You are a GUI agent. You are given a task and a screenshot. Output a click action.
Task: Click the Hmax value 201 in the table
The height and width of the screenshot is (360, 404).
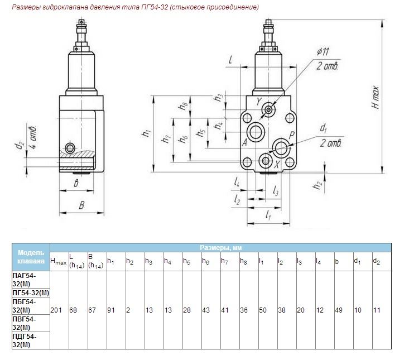click(x=56, y=310)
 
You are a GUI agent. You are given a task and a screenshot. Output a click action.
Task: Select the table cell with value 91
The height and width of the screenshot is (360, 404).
click(x=111, y=310)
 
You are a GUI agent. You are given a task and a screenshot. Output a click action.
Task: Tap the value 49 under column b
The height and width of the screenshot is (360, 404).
click(x=339, y=310)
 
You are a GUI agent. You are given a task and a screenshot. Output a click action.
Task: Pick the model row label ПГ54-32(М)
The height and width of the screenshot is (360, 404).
click(x=31, y=292)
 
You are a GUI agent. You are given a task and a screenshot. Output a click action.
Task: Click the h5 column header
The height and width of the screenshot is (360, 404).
click(x=187, y=261)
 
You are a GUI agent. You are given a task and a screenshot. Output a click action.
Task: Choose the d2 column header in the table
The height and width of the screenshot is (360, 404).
click(x=377, y=261)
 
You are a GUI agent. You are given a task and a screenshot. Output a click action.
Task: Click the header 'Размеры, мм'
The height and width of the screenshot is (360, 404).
click(x=220, y=248)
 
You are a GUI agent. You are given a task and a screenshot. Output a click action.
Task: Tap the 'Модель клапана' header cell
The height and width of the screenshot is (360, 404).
click(x=31, y=257)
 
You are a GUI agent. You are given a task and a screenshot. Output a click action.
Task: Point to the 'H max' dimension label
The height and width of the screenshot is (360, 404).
click(x=376, y=98)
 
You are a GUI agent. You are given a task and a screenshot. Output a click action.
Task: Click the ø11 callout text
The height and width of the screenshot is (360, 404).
click(x=323, y=51)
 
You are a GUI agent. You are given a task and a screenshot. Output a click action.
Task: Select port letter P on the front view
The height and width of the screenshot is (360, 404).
click(x=291, y=135)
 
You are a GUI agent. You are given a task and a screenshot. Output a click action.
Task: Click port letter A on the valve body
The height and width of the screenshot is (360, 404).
click(x=244, y=142)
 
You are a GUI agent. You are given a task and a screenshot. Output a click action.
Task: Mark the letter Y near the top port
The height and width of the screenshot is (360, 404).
click(x=259, y=102)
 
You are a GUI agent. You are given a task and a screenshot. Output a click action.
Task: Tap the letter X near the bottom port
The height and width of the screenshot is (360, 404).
click(x=277, y=165)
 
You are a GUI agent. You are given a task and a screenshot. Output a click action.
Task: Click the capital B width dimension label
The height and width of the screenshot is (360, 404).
click(x=81, y=205)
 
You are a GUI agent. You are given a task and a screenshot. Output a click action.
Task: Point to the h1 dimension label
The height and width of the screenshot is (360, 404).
click(x=146, y=133)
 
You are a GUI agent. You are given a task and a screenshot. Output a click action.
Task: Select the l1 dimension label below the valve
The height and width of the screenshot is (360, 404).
click(x=268, y=215)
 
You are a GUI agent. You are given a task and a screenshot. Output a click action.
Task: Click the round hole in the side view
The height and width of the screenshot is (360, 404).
click(x=70, y=148)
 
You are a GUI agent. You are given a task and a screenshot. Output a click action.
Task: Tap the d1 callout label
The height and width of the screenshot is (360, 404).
click(x=324, y=128)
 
